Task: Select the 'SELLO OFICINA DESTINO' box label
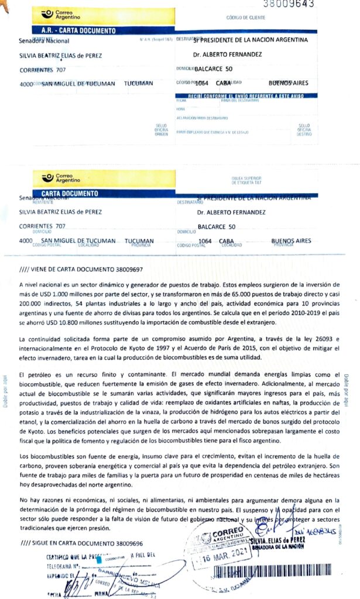pos(304,129)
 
